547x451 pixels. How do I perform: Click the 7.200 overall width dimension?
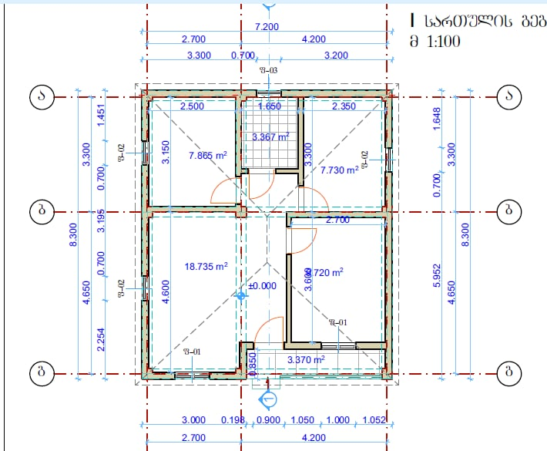267,26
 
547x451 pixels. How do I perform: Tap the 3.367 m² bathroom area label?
270,137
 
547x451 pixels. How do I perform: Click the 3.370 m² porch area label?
305,359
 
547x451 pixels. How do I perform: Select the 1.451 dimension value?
100,113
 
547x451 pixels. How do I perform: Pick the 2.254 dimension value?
100,339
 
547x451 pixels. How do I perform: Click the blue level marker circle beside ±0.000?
241,295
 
